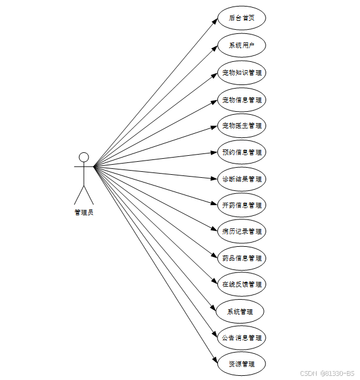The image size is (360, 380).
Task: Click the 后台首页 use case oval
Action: (241, 18)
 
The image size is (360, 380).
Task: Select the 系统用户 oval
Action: (241, 45)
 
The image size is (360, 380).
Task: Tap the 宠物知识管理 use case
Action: (241, 73)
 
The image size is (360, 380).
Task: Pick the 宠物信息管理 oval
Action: (241, 100)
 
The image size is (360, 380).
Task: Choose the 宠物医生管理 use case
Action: (241, 125)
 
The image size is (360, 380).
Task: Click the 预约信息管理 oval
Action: (241, 152)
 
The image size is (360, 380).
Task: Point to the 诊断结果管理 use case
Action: (241, 179)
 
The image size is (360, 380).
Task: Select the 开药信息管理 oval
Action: (241, 205)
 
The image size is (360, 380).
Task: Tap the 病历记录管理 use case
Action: (241, 231)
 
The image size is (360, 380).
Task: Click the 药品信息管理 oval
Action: (241, 258)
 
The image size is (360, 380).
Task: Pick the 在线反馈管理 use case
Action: (241, 284)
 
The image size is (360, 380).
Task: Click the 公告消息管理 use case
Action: (241, 338)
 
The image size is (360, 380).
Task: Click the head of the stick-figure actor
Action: (84, 157)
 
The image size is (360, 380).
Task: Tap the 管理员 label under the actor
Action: (84, 212)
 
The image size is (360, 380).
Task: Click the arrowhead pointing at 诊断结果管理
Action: (215, 178)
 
